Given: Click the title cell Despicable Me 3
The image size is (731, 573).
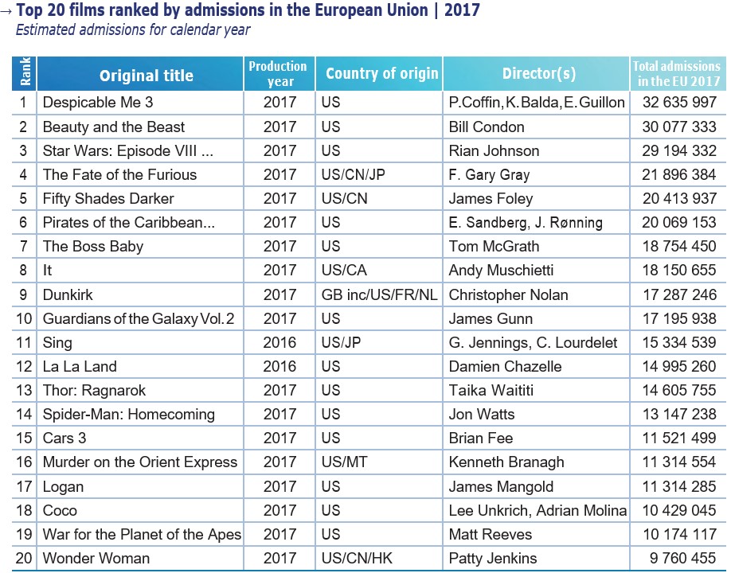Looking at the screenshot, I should coord(98,103).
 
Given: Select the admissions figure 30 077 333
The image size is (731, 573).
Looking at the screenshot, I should coord(679,127).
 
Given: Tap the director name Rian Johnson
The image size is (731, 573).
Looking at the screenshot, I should coord(494,150).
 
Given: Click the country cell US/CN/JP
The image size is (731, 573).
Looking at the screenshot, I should coord(353,174).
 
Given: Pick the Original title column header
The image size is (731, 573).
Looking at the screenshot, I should coord(147,76).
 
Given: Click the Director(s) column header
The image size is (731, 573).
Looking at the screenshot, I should coord(538,74).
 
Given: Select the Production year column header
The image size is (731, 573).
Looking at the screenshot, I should coord(278,73).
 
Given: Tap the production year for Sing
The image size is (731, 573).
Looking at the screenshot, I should coord(279,342).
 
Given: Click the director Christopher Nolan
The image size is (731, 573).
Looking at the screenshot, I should coord(508,294).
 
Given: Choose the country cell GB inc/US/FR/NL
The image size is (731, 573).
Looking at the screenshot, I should coord(379,294).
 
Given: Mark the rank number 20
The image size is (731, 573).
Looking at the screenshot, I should coord(24,558).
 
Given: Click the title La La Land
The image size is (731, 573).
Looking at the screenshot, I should coord(80,366).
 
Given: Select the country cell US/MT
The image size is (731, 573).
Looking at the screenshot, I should coord(344,462).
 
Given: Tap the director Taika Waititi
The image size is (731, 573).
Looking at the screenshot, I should coord(491,390).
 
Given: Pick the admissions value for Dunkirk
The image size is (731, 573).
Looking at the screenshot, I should coord(679,294).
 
